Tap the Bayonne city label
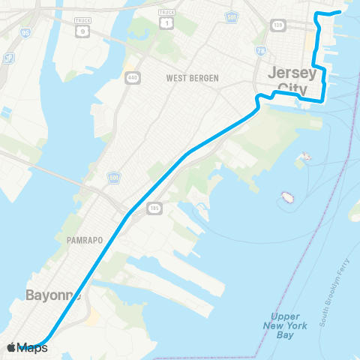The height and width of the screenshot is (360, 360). tap(52, 295)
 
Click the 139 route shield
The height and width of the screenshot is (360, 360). tap(279, 26)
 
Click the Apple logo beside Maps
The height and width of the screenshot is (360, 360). tap(11, 347)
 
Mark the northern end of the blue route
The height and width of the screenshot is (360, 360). tap(340, 12)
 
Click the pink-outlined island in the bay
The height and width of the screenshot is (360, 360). tap(287, 198)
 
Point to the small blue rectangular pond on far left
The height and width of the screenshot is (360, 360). tap(6, 112)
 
